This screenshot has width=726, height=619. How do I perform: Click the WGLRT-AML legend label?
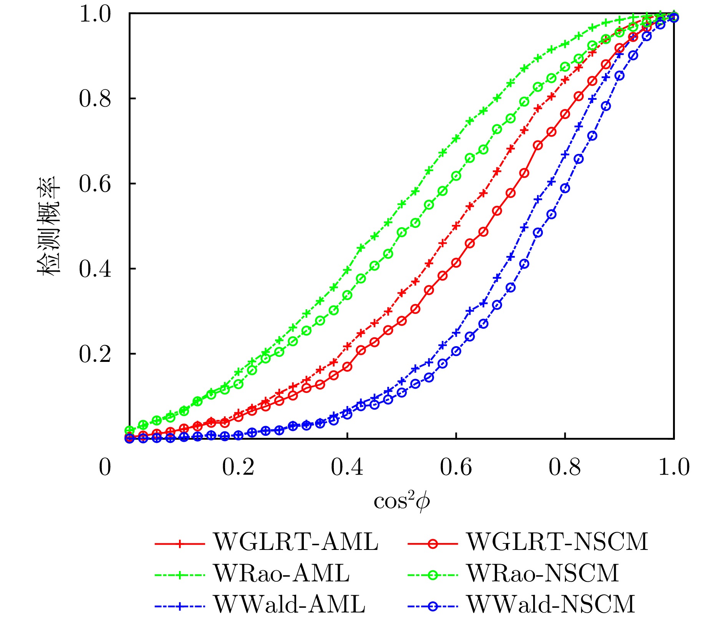[x=296, y=542]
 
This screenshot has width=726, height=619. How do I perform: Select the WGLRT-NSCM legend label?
[x=557, y=542]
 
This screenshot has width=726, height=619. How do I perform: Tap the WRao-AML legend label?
[x=282, y=573]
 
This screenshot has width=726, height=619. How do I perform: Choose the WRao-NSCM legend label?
[x=542, y=573]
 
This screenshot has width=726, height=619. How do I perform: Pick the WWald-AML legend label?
[x=289, y=604]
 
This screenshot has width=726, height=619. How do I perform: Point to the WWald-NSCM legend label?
[x=550, y=604]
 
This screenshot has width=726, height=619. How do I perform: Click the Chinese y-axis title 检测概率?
[x=49, y=226]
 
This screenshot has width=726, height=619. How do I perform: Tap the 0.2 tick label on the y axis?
[x=95, y=354]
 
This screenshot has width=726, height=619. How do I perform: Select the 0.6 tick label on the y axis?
[x=95, y=184]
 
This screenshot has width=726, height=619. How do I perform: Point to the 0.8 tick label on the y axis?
[x=95, y=99]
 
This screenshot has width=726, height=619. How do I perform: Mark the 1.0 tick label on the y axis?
[x=95, y=15]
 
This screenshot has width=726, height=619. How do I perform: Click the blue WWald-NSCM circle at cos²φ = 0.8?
[x=565, y=188]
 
